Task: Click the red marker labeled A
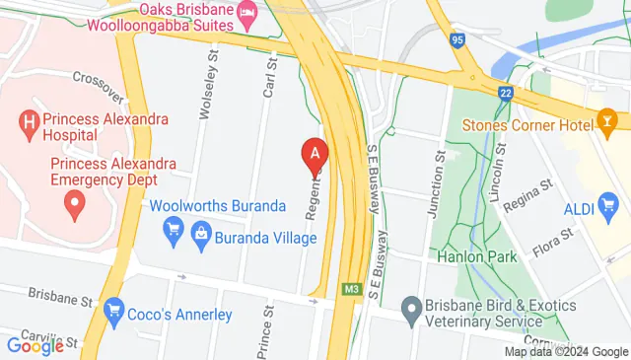[315, 154]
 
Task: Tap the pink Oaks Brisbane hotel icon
[246, 16]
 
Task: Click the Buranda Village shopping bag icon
[201, 234]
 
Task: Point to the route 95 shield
[456, 41]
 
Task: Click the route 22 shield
[505, 92]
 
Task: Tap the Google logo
[35, 345]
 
